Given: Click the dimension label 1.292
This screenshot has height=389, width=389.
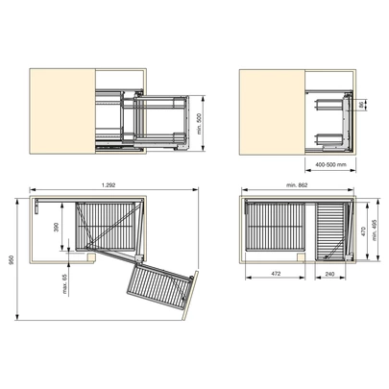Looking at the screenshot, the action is click(109, 185).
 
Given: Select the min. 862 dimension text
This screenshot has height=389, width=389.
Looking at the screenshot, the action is click(297, 185).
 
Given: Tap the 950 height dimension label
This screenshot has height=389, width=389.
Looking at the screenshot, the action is click(12, 260).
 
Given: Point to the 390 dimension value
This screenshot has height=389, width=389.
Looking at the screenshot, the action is click(57, 227).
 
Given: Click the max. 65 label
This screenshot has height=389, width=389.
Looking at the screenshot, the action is click(65, 283).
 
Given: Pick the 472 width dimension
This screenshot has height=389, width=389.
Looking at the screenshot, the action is click(276, 274).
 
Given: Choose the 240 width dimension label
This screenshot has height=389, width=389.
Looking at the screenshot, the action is click(329, 274).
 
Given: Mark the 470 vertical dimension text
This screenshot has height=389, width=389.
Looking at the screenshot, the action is click(363, 231).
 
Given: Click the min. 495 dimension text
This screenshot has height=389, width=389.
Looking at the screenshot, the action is click(375, 230).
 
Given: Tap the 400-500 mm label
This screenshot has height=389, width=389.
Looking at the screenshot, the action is click(330, 164).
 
